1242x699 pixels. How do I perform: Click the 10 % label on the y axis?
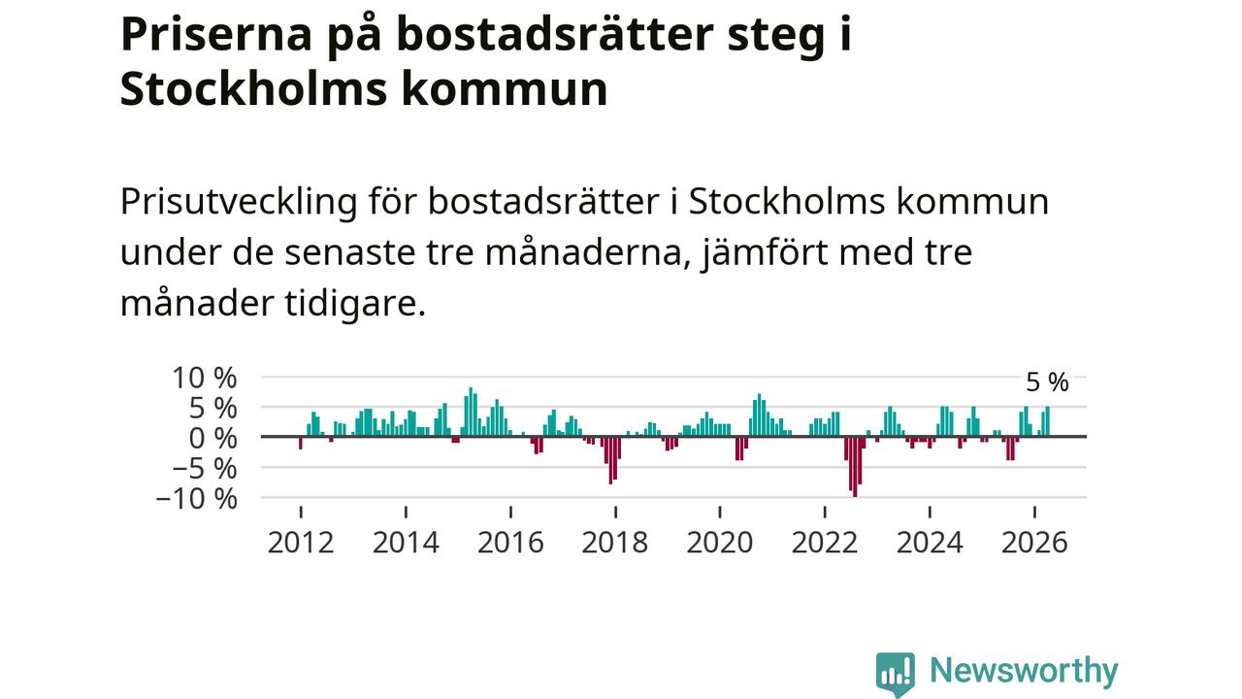pos(205,379)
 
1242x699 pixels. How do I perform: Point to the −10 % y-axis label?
pos(197,499)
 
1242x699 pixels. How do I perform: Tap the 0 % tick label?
pos(212,439)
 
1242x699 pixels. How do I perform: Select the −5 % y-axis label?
pos(205,469)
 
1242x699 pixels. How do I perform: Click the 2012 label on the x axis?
pos(301,543)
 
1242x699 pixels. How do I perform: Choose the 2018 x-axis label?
pos(615,543)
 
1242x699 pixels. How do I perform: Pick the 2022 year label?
pos(825,543)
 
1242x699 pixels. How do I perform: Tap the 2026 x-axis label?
pos(1034,543)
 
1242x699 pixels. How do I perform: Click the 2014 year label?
pos(406,543)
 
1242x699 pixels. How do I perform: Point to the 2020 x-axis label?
pos(720,543)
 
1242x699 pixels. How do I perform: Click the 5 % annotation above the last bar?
pos(1047,383)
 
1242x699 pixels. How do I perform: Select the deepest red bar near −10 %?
pos(855,467)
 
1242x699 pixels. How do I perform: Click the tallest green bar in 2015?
pos(471,412)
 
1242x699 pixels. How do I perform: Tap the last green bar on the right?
pos(1047,421)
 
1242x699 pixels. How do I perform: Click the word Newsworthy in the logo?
pos(1024,671)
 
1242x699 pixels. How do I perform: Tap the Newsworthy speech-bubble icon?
pos(896,674)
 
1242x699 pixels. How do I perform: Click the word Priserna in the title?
pos(216,35)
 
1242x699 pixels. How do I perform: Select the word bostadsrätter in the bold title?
pos(555,35)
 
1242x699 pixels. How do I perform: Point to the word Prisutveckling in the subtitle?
pos(239,201)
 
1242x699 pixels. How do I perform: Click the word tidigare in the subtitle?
pos(355,304)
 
